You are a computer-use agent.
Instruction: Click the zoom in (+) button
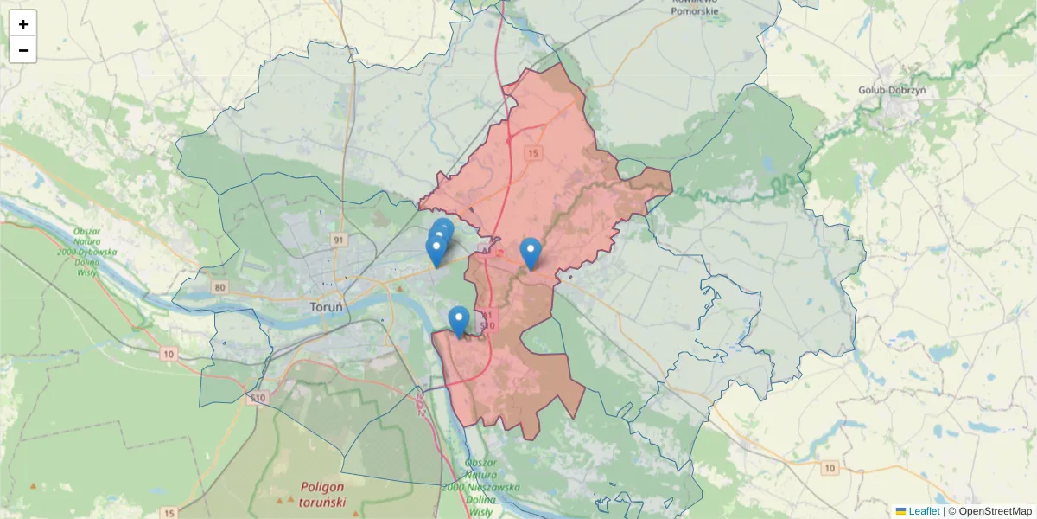[x=23, y=24]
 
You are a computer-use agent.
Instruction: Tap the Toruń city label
[x=327, y=307]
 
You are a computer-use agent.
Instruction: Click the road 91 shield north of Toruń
[x=338, y=239]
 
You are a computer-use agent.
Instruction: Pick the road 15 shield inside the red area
[x=532, y=153]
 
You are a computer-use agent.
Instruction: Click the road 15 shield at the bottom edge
[x=169, y=512]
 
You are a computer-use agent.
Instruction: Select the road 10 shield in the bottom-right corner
[x=830, y=468]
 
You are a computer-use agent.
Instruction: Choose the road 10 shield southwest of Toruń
[x=168, y=354]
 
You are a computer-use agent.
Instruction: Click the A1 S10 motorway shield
[x=489, y=320]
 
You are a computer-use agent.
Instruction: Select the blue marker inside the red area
[x=531, y=253]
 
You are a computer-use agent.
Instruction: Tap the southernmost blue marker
[x=459, y=321]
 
